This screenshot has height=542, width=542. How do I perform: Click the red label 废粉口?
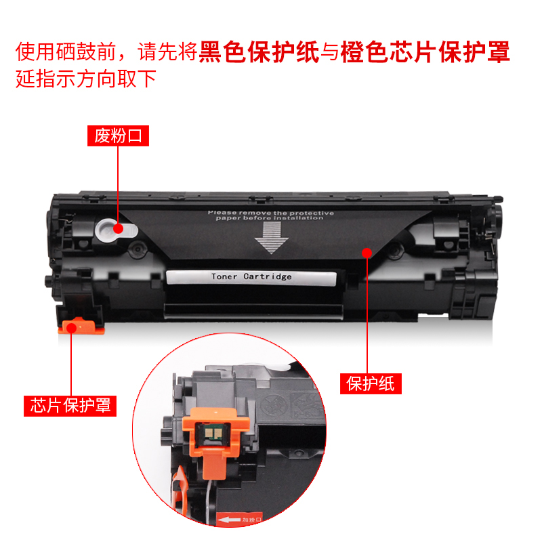point(118,136)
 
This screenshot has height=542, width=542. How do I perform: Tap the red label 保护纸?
point(371,383)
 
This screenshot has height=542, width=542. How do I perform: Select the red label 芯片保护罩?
point(70,405)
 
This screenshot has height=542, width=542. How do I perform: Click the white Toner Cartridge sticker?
point(251,276)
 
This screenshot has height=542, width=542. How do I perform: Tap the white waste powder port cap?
point(109,230)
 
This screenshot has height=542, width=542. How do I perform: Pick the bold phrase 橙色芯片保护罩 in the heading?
point(425,52)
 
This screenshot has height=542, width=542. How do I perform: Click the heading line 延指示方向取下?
point(86,79)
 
